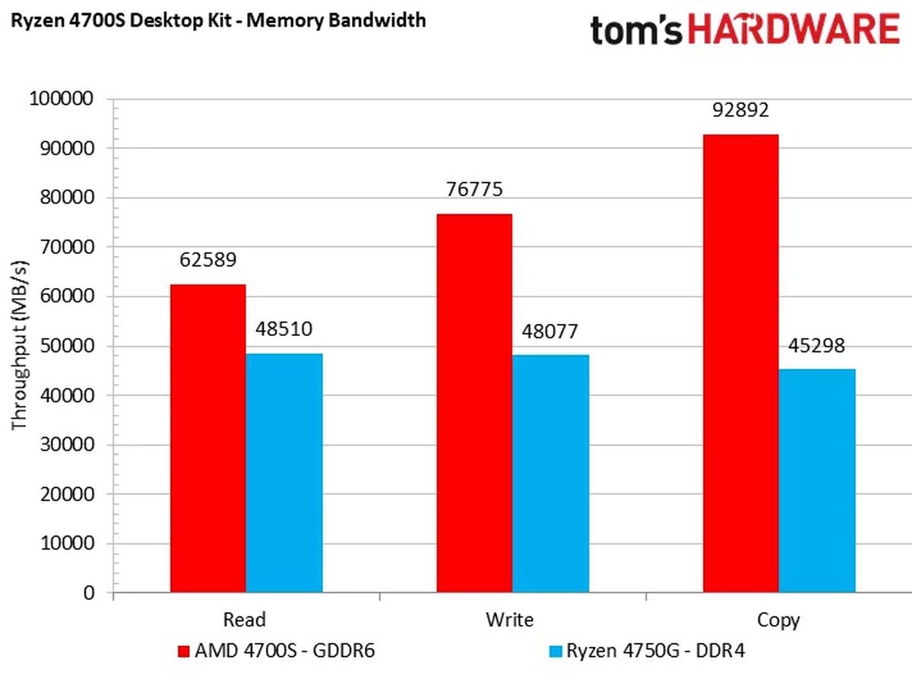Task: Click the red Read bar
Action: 207,438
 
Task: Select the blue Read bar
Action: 284,472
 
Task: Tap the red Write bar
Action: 474,403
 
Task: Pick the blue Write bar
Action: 551,473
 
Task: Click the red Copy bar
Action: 741,363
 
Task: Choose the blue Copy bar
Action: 818,480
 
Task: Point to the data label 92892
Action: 741,110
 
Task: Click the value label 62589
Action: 207,260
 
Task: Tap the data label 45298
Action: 818,345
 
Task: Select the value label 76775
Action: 474,189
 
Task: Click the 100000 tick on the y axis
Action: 61,99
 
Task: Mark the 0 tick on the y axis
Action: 89,593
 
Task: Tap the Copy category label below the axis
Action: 779,620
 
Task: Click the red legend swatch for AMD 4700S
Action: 183,652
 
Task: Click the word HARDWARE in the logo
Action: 782,30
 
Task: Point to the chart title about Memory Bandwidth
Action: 218,20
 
